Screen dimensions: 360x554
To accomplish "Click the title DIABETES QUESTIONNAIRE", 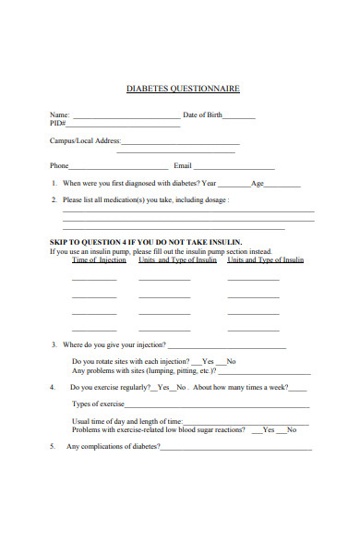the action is click(x=183, y=89).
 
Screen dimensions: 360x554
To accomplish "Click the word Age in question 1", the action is click(x=258, y=183).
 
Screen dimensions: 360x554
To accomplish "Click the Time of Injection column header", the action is click(x=99, y=260).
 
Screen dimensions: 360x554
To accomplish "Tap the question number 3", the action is click(x=54, y=344).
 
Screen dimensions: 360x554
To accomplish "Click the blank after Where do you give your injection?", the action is click(x=239, y=347).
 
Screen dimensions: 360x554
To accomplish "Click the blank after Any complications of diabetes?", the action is click(x=236, y=449).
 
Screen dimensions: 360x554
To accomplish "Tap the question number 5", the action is click(x=53, y=447).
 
